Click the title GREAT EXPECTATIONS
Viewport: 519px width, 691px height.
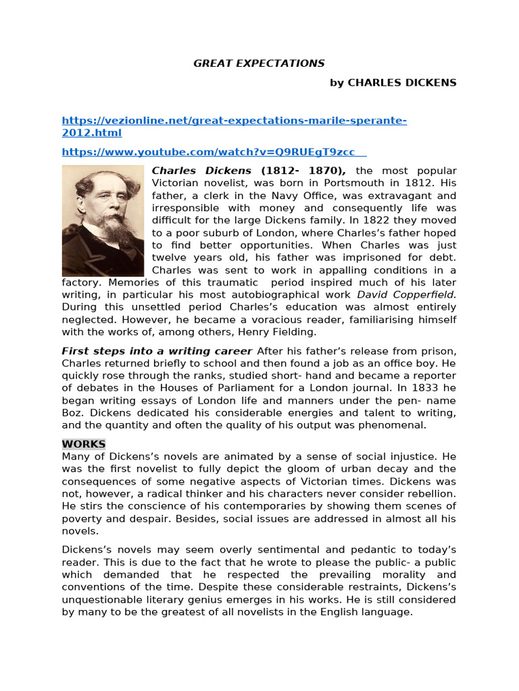pyautogui.click(x=259, y=63)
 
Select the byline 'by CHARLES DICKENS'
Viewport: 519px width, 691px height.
pyautogui.click(x=393, y=82)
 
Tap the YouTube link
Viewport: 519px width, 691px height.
pyautogui.click(x=215, y=152)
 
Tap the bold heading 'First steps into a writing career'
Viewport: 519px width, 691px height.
pyautogui.click(x=157, y=351)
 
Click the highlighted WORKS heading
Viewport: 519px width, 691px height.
pyautogui.click(x=84, y=444)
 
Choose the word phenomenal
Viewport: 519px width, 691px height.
pyautogui.click(x=393, y=425)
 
